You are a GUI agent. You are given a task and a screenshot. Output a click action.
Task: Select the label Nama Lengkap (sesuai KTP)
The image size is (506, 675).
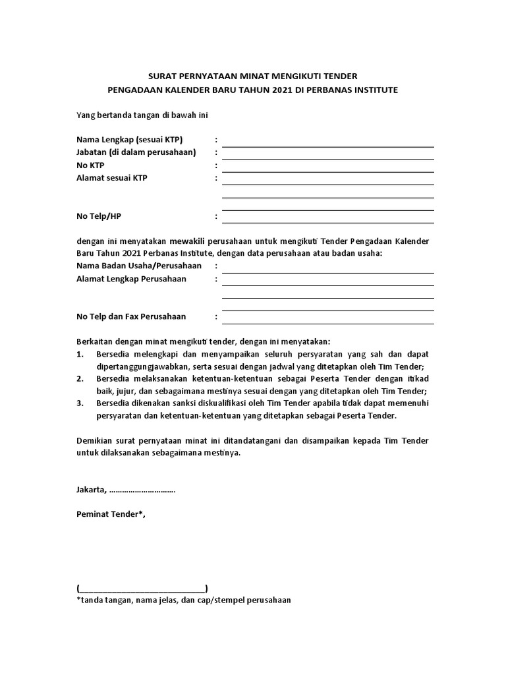pos(129,140)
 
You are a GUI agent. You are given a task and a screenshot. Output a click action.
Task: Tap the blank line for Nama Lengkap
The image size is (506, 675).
pos(327,145)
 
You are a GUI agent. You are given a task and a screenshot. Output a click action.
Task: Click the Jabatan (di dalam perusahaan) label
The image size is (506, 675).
pos(136,152)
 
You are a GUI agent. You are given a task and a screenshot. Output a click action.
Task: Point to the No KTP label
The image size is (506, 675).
pos(90,165)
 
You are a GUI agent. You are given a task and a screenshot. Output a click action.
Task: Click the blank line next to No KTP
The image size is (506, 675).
pos(327,171)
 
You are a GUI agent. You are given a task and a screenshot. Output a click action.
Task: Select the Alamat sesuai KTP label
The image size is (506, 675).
pos(112,178)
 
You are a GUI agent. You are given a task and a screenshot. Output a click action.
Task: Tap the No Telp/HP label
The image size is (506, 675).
pos(99,216)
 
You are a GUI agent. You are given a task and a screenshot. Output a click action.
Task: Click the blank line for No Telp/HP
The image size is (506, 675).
pos(327,221)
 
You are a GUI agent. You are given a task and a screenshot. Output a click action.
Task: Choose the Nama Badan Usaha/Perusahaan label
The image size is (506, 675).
pos(138,266)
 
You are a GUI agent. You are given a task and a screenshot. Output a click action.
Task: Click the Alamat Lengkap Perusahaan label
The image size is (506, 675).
pos(131,279)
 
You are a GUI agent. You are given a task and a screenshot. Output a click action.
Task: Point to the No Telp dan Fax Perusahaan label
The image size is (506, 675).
pos(131,316)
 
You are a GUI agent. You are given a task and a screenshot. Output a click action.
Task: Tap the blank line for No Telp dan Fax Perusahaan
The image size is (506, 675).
pos(327,322)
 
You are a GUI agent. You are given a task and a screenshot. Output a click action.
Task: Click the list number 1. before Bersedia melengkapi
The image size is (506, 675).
pos(80,355)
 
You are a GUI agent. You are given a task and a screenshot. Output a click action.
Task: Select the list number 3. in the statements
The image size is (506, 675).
pos(80,403)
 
